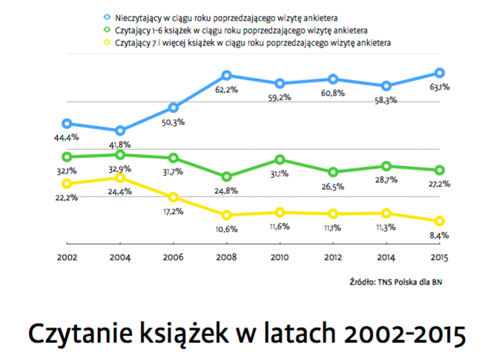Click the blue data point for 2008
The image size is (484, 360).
(x=227, y=76)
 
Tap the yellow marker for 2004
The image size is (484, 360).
(x=120, y=178)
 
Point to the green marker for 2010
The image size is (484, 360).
(x=279, y=159)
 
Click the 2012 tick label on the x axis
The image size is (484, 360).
(x=333, y=258)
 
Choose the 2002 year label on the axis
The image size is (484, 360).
(x=67, y=258)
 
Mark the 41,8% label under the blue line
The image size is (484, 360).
(x=120, y=145)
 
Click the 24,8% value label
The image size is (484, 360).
(x=227, y=190)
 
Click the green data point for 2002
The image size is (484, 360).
(x=67, y=157)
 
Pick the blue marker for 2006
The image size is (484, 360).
(x=174, y=108)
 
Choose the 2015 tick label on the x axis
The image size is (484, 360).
(x=439, y=258)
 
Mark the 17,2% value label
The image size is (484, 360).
(x=174, y=212)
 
